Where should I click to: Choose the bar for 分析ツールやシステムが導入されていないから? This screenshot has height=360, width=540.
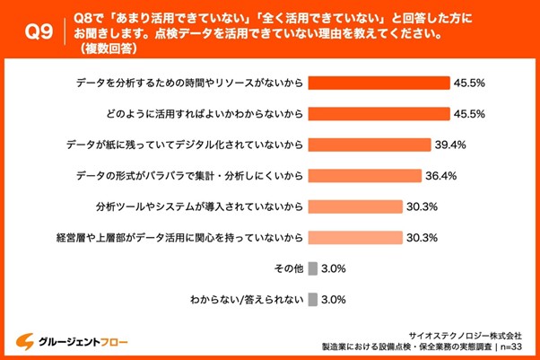tap(354, 206)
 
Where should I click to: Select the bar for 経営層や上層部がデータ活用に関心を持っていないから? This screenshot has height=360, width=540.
tap(354, 238)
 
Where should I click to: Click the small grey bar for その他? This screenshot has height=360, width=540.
tap(312, 268)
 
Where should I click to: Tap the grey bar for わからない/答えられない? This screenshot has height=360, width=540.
tap(312, 300)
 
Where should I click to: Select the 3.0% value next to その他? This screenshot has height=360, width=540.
tap(335, 268)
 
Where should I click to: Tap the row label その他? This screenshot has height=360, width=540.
tap(286, 268)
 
